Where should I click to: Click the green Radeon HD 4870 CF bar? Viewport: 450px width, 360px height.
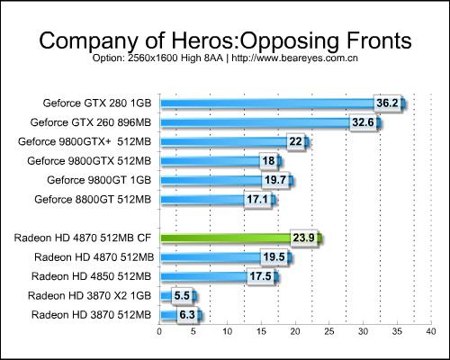coord(241,238)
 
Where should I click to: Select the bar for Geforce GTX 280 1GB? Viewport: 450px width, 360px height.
coord(283,103)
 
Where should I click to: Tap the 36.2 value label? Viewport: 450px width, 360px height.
coord(387,103)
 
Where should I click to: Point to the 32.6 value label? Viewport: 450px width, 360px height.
coord(363,122)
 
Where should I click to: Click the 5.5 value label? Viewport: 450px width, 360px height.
coord(182,296)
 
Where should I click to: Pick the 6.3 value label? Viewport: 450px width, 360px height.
coord(187,315)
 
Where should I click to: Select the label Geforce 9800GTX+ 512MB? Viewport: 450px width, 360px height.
coord(85,141)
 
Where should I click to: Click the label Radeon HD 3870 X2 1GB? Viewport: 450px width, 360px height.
coord(89,296)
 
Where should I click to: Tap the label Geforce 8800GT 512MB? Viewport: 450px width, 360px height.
coord(93,200)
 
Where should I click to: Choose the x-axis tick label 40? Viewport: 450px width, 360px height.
coord(431,331)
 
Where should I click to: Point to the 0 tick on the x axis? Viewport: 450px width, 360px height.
coord(159,331)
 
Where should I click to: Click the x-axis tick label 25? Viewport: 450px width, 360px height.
coord(329,331)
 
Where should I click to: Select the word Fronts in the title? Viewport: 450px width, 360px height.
coord(379,40)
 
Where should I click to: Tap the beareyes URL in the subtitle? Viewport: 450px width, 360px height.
coord(294,58)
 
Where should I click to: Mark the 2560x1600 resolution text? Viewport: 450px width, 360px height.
coord(153,58)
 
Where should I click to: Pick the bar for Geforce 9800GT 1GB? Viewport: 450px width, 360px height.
coord(227,180)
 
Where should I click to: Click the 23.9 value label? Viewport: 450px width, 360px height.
coord(303,238)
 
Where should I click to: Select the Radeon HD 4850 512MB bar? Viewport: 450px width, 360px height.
coord(220,276)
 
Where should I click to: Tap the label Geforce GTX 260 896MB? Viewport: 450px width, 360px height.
coord(91,122)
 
